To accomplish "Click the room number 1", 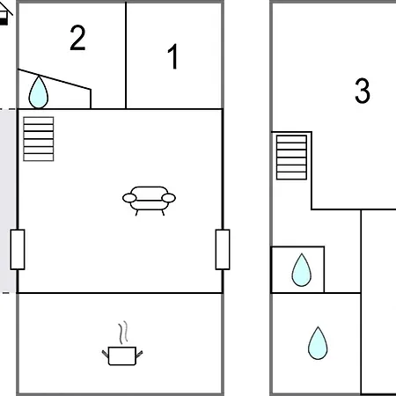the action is coord(173,56).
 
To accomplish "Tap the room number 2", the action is coord(77,38).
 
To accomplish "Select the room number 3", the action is coord(363,91).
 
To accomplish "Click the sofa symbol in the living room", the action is coord(149,201).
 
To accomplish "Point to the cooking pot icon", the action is coord(122,356).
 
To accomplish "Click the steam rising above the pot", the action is coord(123,333).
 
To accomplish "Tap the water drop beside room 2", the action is coord(39,92).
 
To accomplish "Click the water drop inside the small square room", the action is coord(301,270).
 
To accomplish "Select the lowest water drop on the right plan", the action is coord(318,343).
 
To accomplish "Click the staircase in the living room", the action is coord(39,139).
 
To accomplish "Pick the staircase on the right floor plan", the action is coord(291,158).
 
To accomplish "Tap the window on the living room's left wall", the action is coord(18,250).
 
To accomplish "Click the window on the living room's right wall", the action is coord(223,250).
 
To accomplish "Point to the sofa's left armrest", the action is coord(129,198).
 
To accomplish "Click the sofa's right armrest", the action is coord(169,198).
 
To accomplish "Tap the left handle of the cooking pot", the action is coord(106,354).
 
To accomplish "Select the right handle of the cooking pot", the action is coord(139,354).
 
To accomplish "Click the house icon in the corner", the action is coord(5,15).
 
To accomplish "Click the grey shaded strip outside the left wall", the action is coord(8,201).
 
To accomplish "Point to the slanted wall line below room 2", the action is coord(55,79).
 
